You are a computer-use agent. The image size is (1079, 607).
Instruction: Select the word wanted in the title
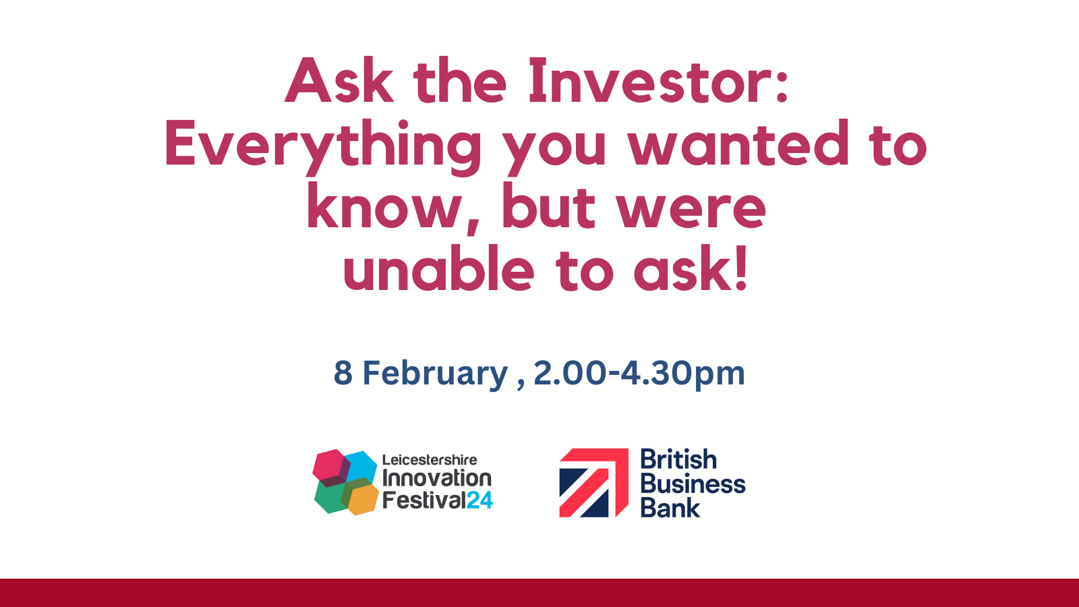(738, 144)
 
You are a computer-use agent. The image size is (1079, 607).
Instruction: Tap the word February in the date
(435, 374)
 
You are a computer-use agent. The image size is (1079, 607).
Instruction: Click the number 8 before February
(343, 373)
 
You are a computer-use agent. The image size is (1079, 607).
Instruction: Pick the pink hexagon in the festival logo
(330, 465)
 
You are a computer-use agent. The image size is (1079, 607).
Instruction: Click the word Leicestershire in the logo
(430, 460)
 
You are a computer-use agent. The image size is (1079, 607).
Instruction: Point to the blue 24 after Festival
(479, 500)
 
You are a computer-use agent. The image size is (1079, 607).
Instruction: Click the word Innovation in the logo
(437, 478)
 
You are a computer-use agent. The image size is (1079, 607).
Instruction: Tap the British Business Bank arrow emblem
(593, 483)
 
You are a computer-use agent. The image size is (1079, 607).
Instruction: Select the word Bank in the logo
(670, 509)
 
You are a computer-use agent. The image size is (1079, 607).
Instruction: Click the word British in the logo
(678, 459)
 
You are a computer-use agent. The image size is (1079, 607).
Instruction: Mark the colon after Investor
(782, 86)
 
